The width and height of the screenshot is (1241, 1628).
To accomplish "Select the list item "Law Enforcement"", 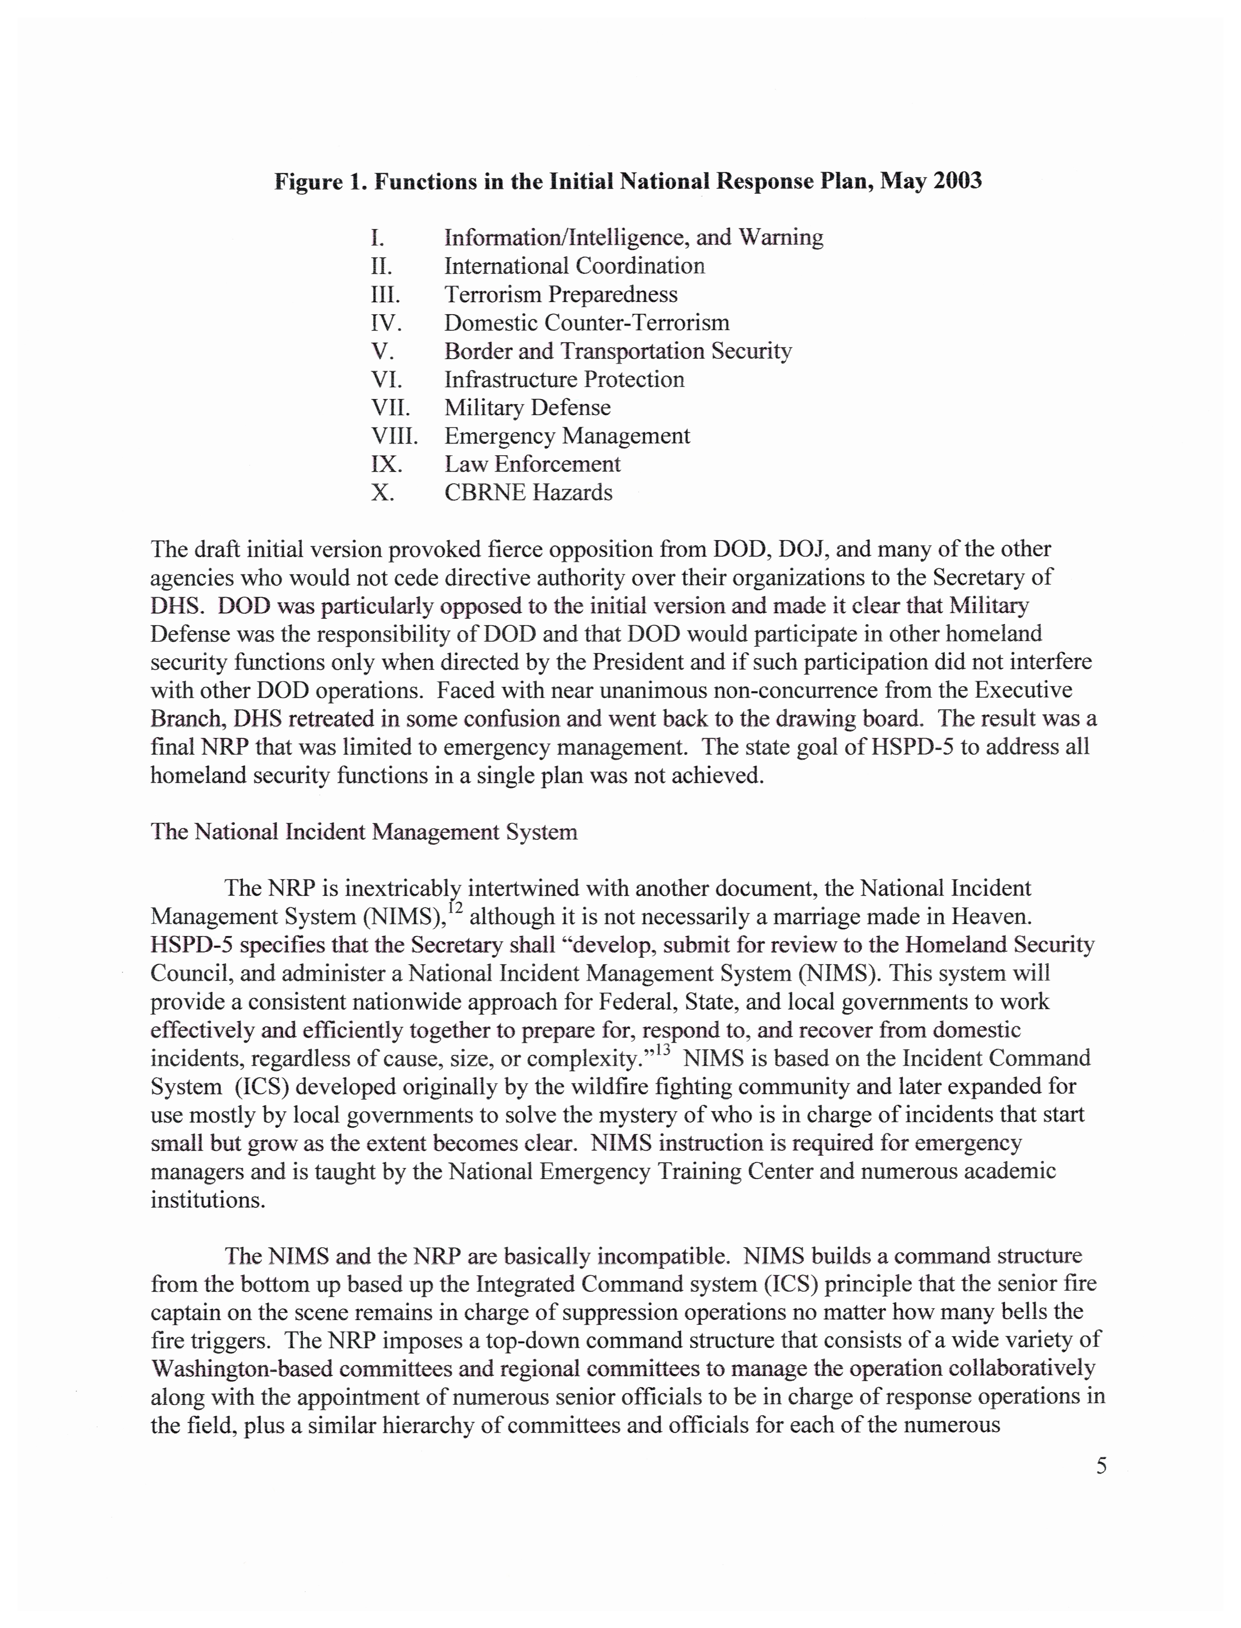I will point(532,465).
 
